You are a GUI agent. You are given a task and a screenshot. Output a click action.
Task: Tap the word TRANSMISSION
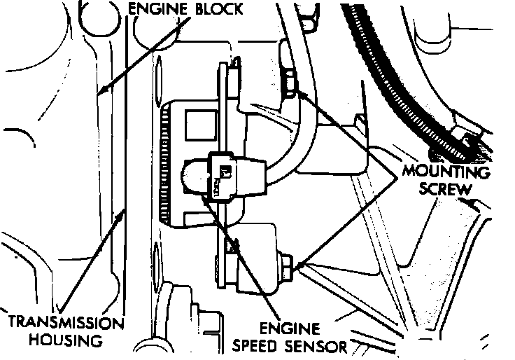pos(64,324)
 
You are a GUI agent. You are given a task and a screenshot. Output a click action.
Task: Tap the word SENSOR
pos(319,345)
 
